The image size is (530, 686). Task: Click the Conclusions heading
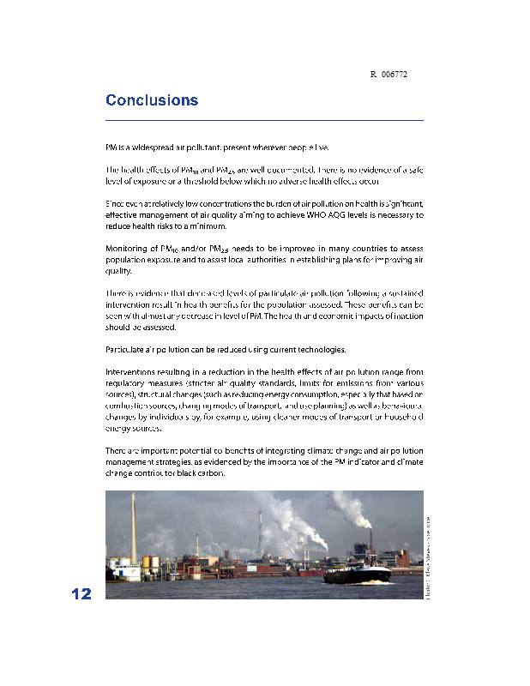[152, 100]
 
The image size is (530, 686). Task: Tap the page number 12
[81, 594]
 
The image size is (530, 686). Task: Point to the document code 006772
[394, 75]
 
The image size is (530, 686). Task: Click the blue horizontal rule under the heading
[264, 121]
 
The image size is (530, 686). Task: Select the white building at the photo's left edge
[116, 570]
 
